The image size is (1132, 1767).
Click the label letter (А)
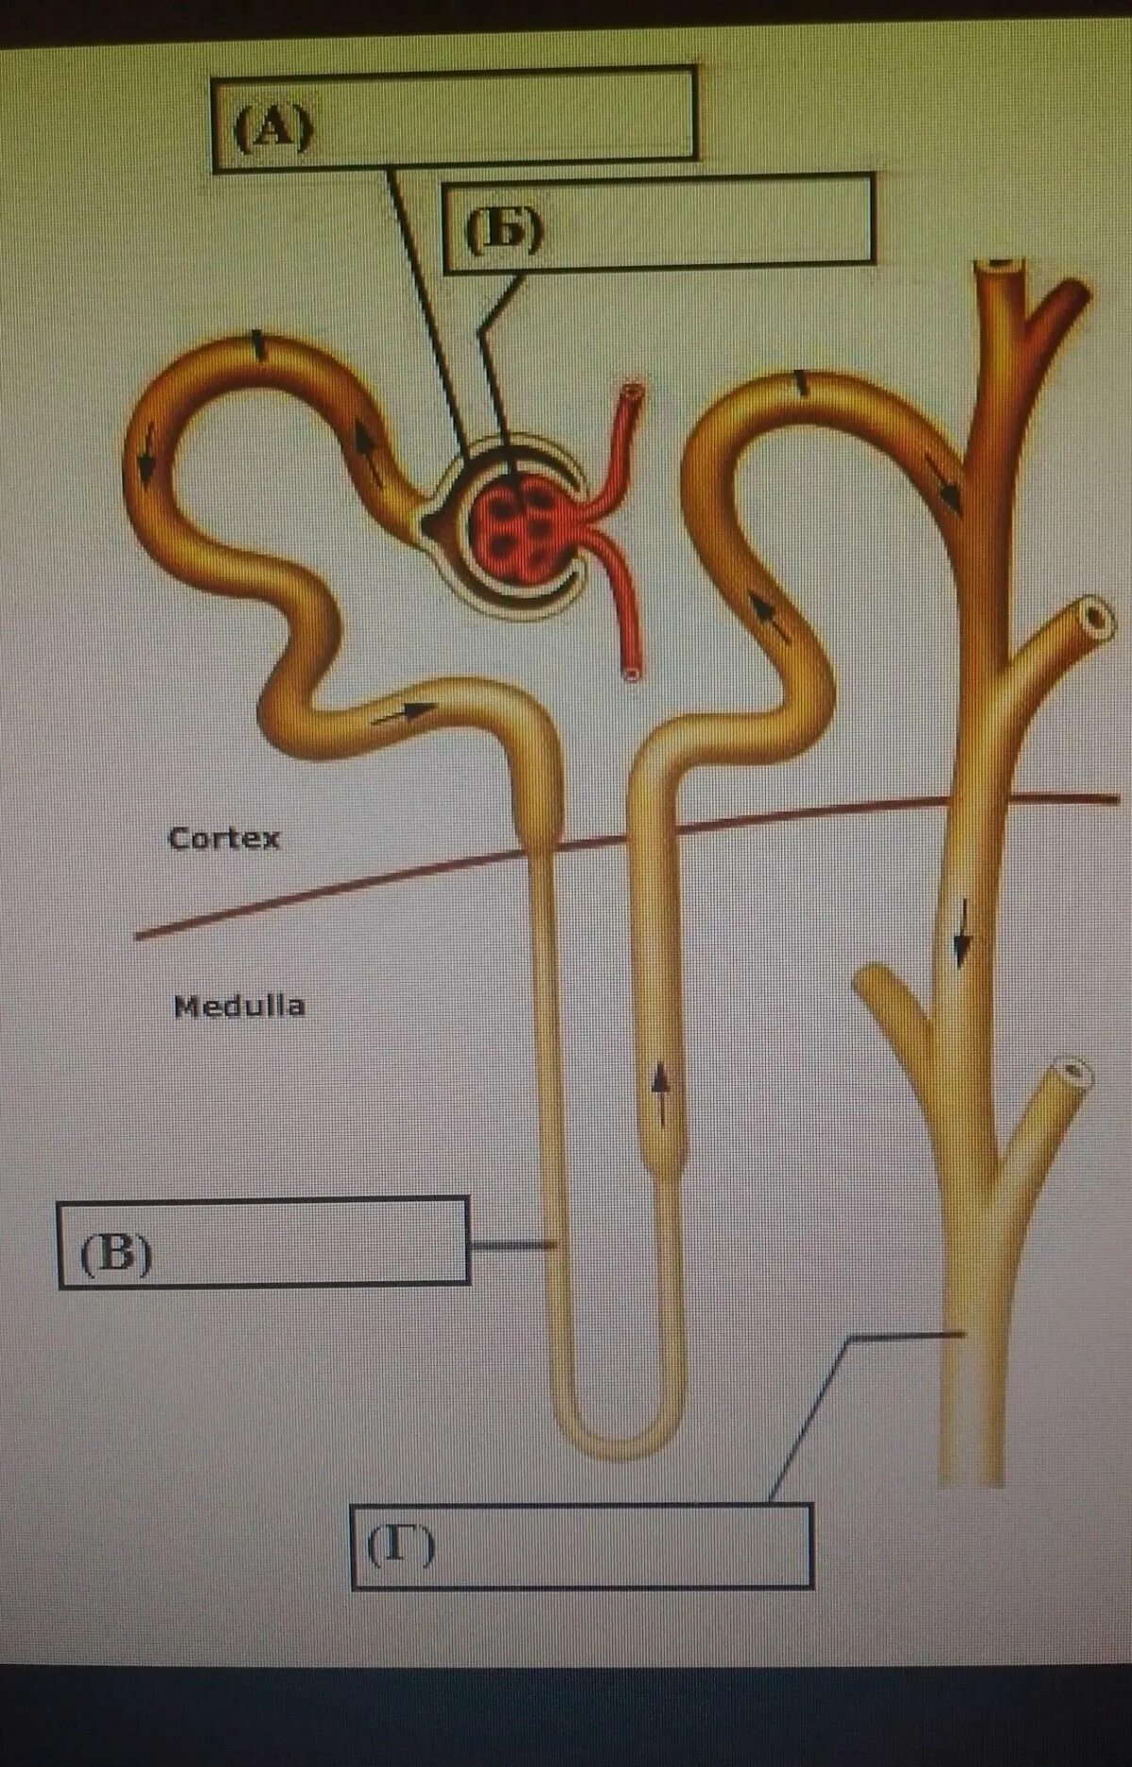pos(273,127)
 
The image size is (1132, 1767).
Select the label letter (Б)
pos(504,229)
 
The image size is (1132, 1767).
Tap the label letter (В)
pos(116,1255)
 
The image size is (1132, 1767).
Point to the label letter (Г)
pos(401,1545)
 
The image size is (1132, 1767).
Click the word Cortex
pos(224,838)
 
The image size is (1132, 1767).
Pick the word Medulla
pos(239,1006)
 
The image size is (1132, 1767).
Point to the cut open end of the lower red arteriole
pos(631,673)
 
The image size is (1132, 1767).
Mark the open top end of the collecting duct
pos(999,267)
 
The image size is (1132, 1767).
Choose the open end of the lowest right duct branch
pos(1073,1072)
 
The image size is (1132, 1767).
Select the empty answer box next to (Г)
pos(623,1545)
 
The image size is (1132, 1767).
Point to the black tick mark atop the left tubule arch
pos(258,345)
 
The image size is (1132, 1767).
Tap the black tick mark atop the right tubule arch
pos(801,382)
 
